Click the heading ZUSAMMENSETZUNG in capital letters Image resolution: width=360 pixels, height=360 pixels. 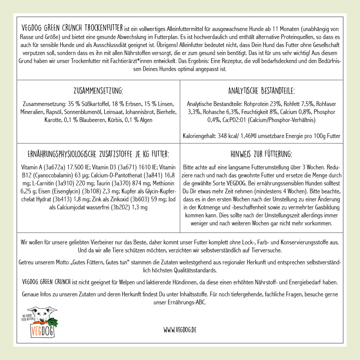[x=98, y=91]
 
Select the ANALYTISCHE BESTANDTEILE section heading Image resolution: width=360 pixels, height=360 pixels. [x=261, y=91]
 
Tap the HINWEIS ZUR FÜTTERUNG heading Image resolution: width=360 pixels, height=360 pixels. [x=261, y=154]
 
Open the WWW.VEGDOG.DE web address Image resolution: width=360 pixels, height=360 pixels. [x=180, y=330]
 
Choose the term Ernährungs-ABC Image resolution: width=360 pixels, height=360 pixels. [x=190, y=303]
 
